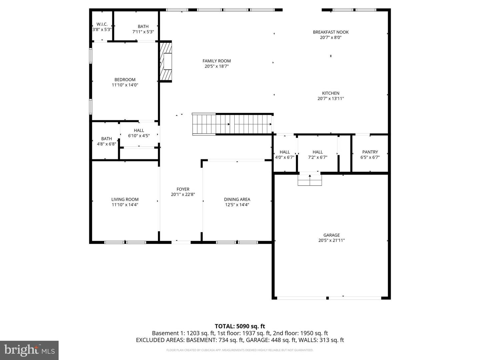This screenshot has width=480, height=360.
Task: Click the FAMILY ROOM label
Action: click(217, 61)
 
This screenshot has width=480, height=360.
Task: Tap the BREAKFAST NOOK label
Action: click(331, 32)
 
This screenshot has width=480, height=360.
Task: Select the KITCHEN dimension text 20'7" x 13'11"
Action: click(331, 99)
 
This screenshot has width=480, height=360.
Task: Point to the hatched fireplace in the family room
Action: click(166, 61)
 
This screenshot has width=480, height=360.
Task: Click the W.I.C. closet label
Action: click(102, 24)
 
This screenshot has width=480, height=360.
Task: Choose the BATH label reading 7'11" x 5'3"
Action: click(143, 27)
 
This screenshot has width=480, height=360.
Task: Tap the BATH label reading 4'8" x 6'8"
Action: click(106, 139)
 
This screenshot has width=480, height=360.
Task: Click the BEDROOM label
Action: click(125, 80)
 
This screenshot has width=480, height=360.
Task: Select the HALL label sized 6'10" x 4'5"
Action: click(139, 131)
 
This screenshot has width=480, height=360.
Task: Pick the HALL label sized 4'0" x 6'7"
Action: click(285, 152)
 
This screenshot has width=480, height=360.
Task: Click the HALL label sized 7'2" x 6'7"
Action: click(318, 152)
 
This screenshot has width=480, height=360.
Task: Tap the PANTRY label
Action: click(370, 152)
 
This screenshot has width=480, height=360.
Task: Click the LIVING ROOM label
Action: click(125, 200)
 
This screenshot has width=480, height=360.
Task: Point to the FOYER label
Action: click(183, 189)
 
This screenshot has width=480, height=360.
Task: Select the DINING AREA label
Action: click(237, 200)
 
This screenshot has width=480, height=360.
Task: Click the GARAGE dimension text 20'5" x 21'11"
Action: click(331, 240)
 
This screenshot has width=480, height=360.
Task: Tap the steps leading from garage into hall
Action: click(310, 180)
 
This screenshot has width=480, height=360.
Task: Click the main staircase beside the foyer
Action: click(232, 124)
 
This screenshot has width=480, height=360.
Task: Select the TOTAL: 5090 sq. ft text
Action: click(240, 326)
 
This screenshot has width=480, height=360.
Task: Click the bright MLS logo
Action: click(29, 350)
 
